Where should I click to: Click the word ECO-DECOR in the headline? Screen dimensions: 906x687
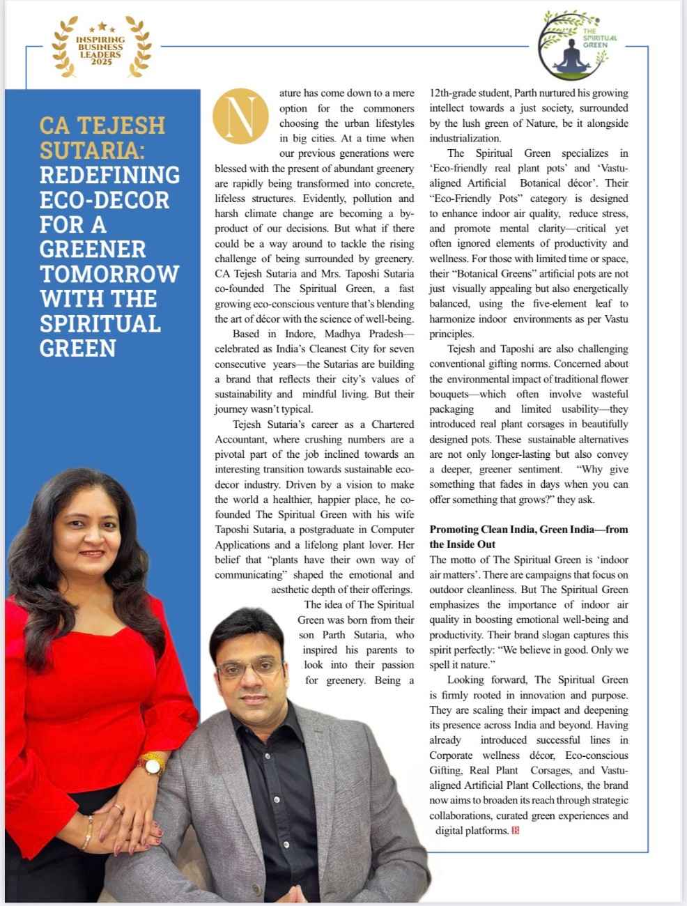pos(105,199)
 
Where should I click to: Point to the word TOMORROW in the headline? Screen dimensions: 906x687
pos(109,274)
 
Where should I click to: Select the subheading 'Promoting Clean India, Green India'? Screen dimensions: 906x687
pos(529,536)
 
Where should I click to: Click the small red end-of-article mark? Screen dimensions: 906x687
pos(516,830)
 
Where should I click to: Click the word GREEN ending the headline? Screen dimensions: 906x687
pos(78,348)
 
